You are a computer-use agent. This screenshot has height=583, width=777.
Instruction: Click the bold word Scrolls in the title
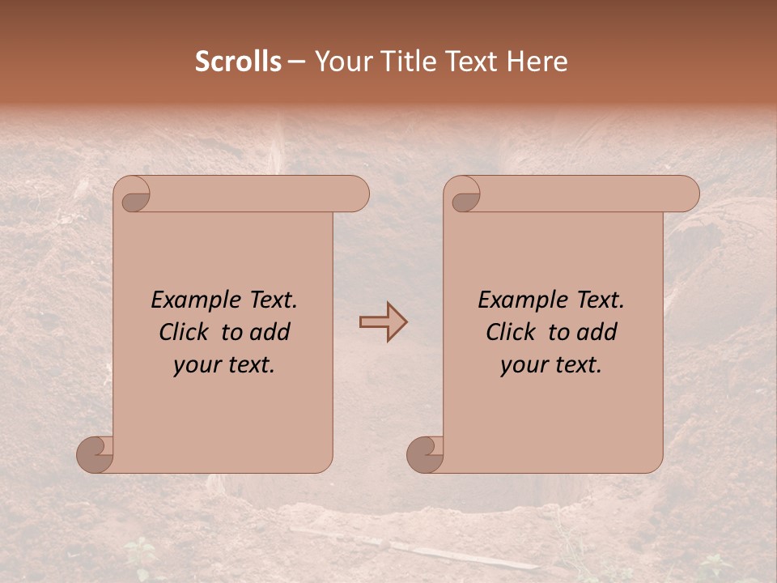[238, 62]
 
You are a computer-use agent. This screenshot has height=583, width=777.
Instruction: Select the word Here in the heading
[537, 62]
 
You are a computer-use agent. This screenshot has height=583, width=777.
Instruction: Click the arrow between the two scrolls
[384, 322]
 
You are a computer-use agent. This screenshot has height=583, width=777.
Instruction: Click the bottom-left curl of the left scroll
[95, 453]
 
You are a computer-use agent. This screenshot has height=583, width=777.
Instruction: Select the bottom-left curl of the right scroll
[425, 453]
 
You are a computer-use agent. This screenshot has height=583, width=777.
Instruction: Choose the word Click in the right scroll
[511, 333]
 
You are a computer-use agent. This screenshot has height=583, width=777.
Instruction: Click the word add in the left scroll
[270, 333]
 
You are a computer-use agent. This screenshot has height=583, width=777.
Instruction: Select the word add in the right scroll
[597, 333]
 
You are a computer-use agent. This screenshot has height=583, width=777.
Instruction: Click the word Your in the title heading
[340, 62]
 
